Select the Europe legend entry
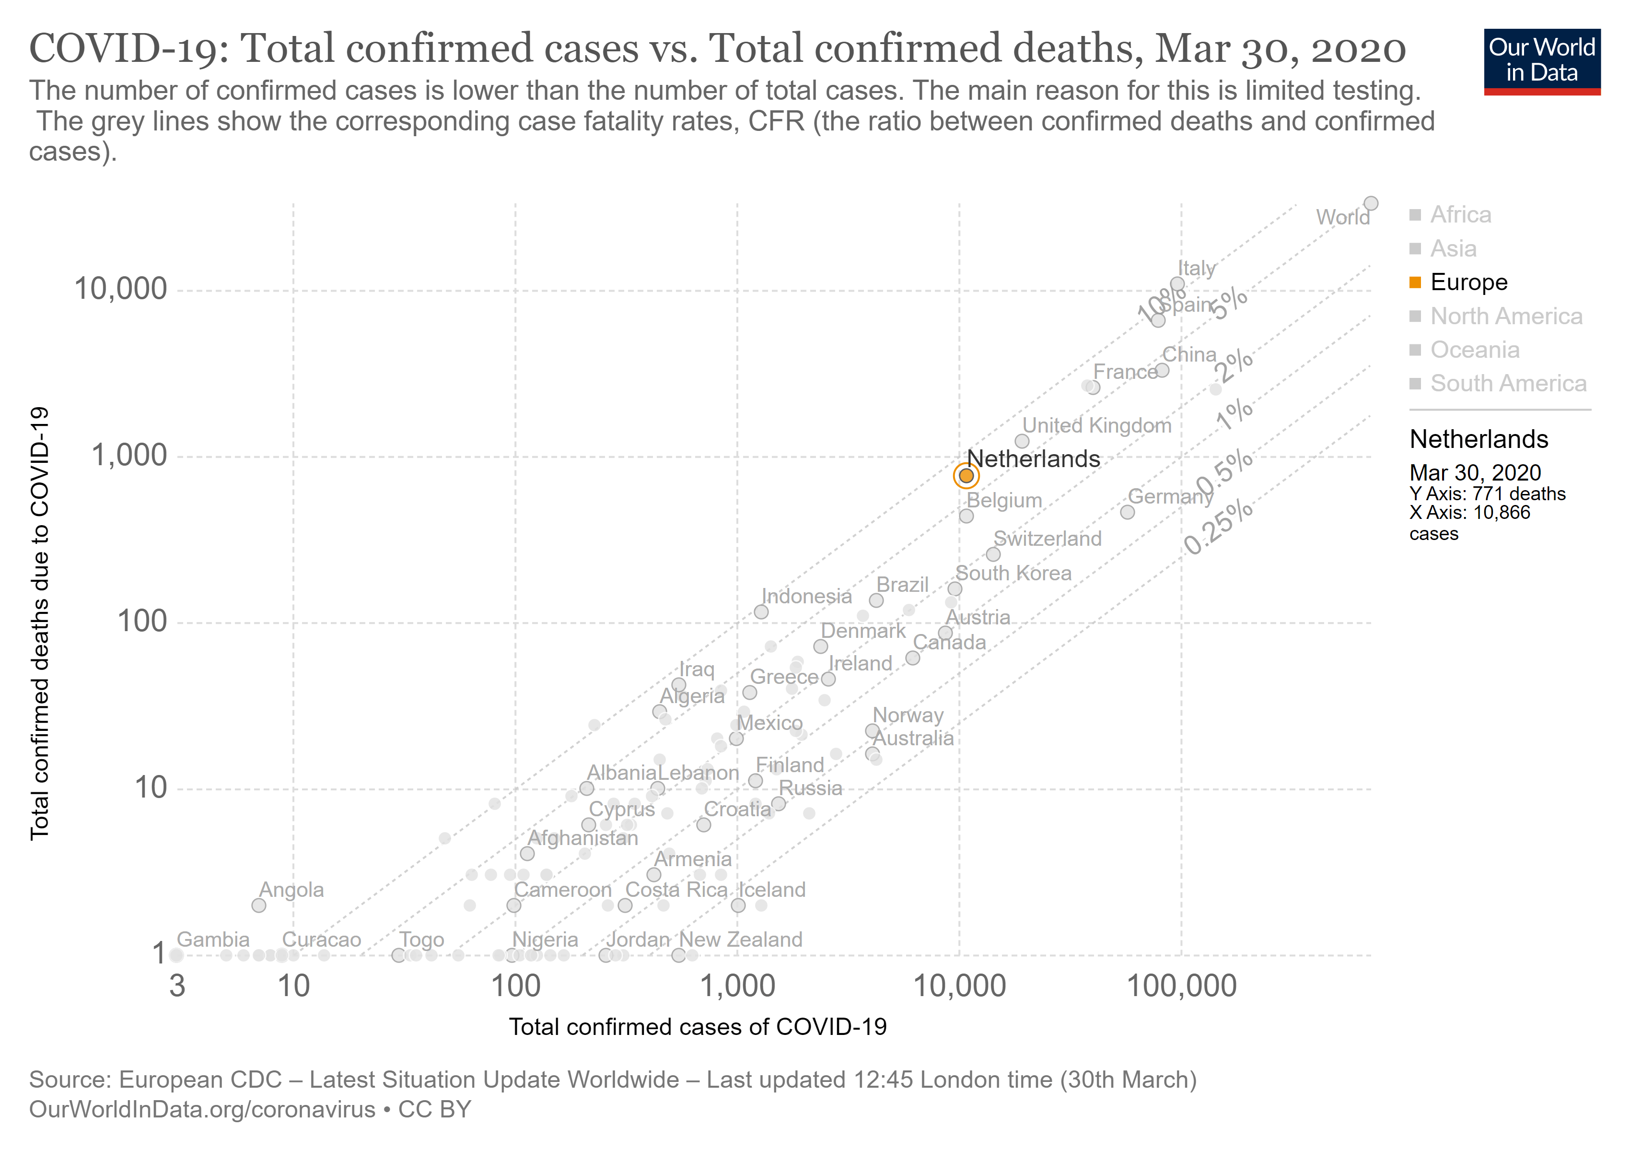tap(1468, 282)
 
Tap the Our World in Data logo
tap(1541, 61)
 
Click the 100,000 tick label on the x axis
tap(1181, 987)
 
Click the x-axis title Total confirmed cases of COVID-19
tap(698, 1027)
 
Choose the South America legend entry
tap(1507, 384)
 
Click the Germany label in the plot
tap(1170, 496)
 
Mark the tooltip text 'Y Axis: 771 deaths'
tap(1487, 493)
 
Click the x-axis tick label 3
tap(177, 987)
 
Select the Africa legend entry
tap(1460, 214)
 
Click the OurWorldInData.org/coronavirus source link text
tap(202, 1109)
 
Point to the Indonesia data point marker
tap(761, 612)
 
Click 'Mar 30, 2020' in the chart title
tap(1280, 49)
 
